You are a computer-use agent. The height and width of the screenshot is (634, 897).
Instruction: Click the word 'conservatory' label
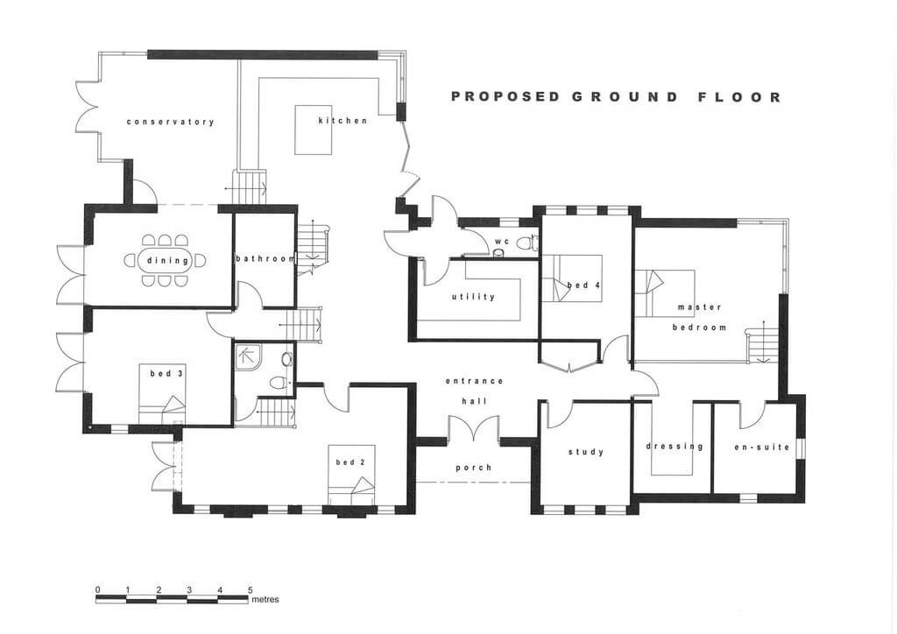pos(171,122)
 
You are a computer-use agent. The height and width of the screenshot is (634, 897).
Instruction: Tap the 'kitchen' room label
pos(343,121)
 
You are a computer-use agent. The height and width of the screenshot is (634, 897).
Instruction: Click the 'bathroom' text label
pos(265,259)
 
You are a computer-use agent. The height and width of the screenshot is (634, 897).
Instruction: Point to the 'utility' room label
pos(473,297)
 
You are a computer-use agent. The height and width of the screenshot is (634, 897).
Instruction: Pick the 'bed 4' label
pos(583,284)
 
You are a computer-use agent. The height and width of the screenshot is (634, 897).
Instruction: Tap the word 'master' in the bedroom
pos(700,307)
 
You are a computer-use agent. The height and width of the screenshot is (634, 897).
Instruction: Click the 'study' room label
pos(586,452)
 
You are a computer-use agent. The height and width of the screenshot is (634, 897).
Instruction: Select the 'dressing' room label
pos(675,447)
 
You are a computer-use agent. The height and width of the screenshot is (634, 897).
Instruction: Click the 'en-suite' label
pos(762,447)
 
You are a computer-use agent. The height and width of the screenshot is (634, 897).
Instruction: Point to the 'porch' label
pos(474,468)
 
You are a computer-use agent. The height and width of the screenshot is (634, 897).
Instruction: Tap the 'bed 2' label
pos(350,461)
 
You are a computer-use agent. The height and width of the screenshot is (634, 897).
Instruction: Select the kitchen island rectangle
pos(314,130)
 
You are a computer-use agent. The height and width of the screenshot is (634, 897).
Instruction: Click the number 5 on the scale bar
pos(250,590)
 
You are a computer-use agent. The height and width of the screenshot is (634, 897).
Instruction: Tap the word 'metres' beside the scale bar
pos(265,600)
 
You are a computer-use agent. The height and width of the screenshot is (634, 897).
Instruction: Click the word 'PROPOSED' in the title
pos(505,96)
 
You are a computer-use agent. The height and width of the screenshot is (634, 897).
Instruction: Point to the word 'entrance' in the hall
pos(474,381)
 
